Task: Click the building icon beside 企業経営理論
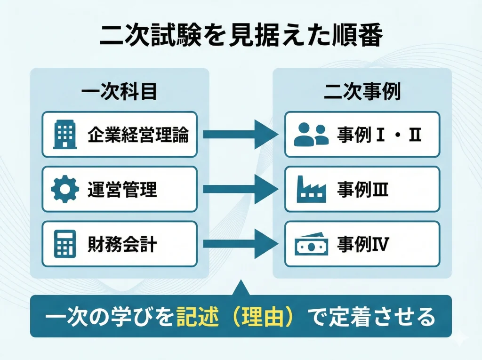[x=65, y=135]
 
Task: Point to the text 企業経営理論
[x=138, y=135]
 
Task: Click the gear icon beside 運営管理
[x=65, y=189]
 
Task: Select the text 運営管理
[x=122, y=190]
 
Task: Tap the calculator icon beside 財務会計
[x=65, y=244]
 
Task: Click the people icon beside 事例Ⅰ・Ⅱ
[x=311, y=135]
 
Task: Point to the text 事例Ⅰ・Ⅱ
[x=378, y=135]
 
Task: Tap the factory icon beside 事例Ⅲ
[x=311, y=189]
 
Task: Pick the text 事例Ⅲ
[x=362, y=190]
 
